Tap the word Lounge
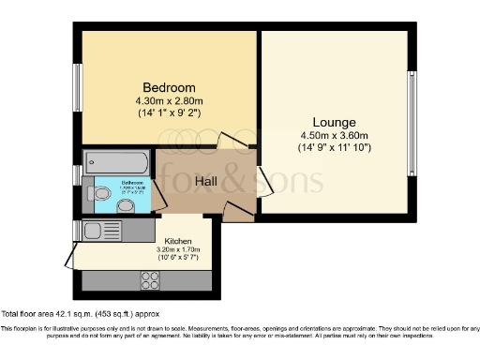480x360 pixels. [x=334, y=122]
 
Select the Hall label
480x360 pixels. [x=207, y=180]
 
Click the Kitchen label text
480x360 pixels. [x=179, y=242]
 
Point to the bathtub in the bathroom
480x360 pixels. [x=116, y=162]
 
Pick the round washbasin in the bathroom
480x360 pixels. [x=126, y=205]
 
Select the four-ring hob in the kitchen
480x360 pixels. [x=149, y=278]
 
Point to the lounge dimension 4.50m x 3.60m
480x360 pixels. [x=334, y=135]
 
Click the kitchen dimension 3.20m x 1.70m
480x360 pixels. [x=179, y=251]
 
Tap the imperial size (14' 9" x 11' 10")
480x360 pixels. [x=334, y=147]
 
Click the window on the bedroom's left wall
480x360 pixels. [x=78, y=87]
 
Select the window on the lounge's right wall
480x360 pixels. [x=411, y=122]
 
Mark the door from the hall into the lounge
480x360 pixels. [x=264, y=180]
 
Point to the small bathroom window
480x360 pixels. [x=78, y=174]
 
